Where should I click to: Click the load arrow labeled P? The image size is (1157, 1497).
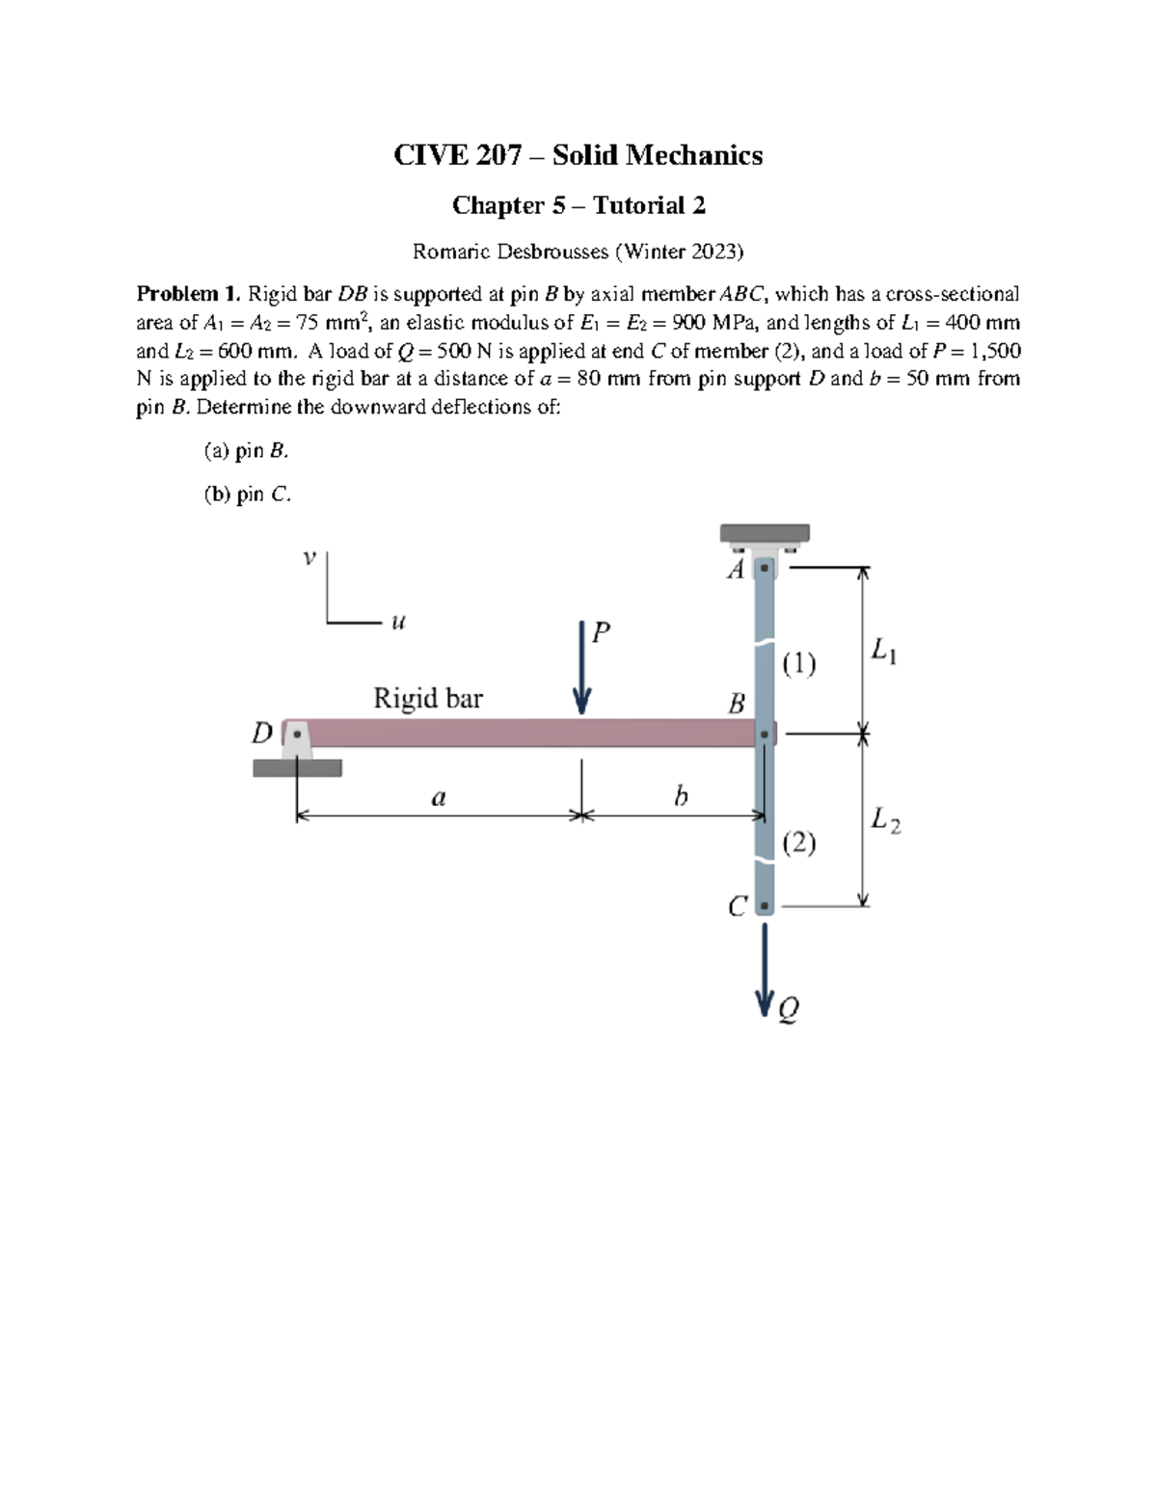(581, 670)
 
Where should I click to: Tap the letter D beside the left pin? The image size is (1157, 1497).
(261, 735)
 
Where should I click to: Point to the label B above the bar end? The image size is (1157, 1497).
(737, 704)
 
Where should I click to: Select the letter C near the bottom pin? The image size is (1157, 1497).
(738, 907)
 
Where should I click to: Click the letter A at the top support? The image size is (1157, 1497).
(736, 570)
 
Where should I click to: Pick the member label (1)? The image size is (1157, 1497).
(799, 663)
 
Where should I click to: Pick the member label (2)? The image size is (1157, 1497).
(799, 843)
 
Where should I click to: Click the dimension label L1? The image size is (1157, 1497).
(884, 652)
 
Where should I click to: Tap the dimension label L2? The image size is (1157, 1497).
(885, 820)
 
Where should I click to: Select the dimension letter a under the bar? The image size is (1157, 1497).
(439, 797)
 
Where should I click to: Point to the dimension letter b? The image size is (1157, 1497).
(681, 796)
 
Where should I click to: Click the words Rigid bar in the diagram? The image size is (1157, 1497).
(428, 698)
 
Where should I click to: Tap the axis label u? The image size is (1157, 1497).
(397, 623)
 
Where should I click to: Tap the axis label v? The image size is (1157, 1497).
(309, 557)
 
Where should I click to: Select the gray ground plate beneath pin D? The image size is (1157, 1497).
(297, 768)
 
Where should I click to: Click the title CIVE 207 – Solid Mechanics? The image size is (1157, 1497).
(578, 155)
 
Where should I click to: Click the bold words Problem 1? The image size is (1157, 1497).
(188, 294)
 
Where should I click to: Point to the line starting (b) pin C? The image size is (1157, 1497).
(247, 495)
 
